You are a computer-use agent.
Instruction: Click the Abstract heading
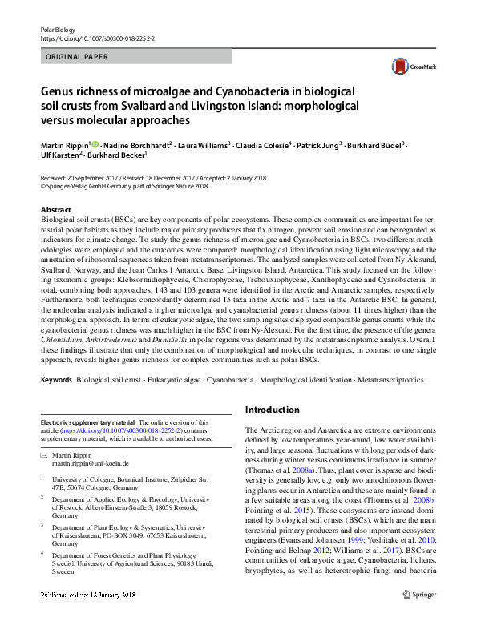click(55, 208)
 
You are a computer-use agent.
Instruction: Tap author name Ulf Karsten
click(59, 157)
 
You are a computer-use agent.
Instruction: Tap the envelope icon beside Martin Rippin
click(45, 454)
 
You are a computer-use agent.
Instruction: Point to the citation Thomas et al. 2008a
click(284, 473)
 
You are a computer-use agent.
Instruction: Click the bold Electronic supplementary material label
click(88, 422)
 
